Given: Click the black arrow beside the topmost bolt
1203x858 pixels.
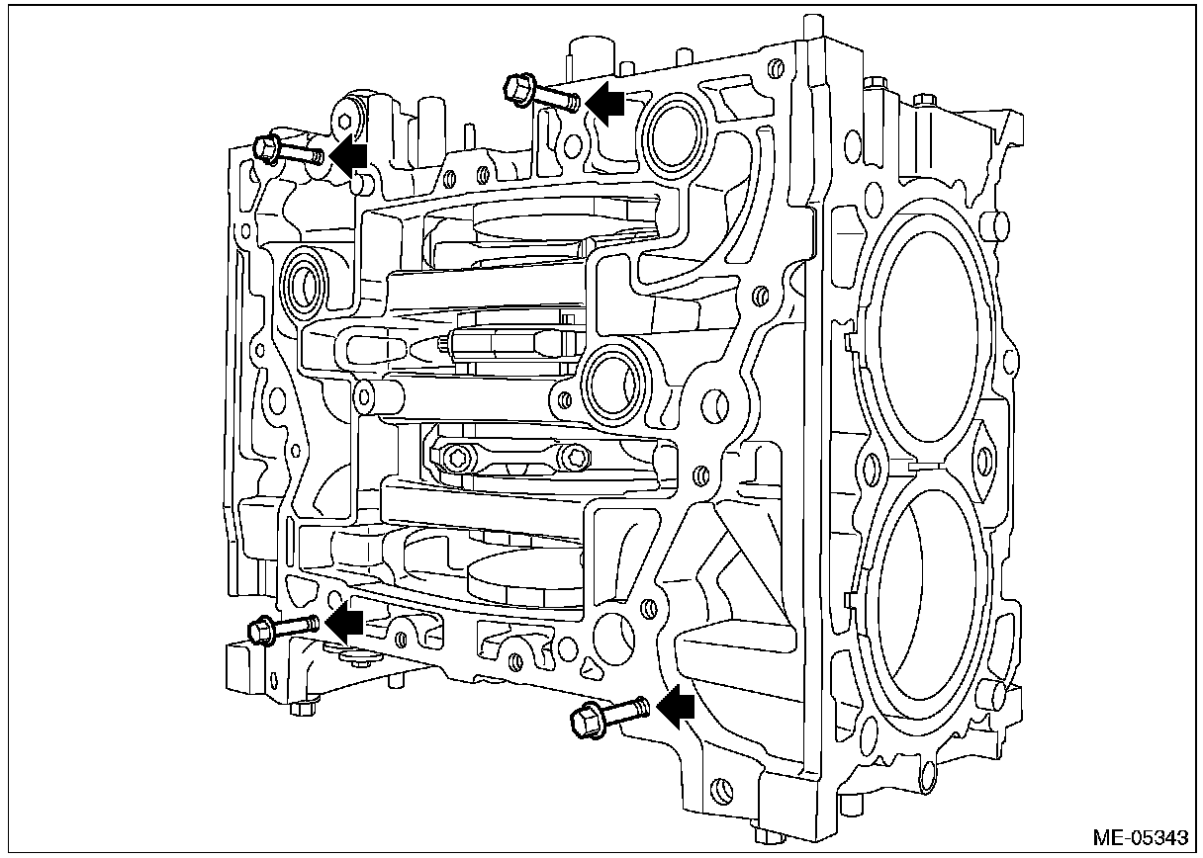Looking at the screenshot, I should [605, 101].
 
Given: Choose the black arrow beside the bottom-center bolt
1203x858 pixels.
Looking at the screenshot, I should [675, 704].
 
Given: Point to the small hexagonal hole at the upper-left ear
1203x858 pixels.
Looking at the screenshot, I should [342, 123].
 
